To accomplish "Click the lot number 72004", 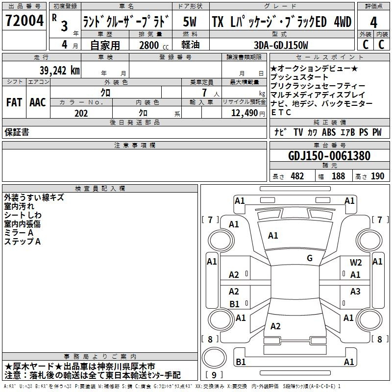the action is click(x=24, y=21).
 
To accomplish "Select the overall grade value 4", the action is click(x=373, y=23).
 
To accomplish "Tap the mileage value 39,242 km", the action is click(x=60, y=71).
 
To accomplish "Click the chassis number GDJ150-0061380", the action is click(x=329, y=156).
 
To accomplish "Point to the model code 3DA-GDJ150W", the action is click(x=281, y=45).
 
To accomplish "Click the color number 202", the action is click(x=81, y=113).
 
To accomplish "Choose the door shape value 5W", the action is click(x=190, y=22).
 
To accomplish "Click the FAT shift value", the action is click(x=14, y=102).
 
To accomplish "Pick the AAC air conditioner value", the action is click(x=38, y=102).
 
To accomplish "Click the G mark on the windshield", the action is click(x=310, y=258).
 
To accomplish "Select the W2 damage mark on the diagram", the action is click(x=356, y=262).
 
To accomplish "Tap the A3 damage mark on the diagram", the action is click(x=355, y=291).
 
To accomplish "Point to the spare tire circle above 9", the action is click(x=214, y=357).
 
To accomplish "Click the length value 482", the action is click(x=297, y=176).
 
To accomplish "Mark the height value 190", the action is click(x=377, y=176).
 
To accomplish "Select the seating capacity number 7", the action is click(x=204, y=93).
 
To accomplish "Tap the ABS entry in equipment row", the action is click(x=329, y=132).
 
